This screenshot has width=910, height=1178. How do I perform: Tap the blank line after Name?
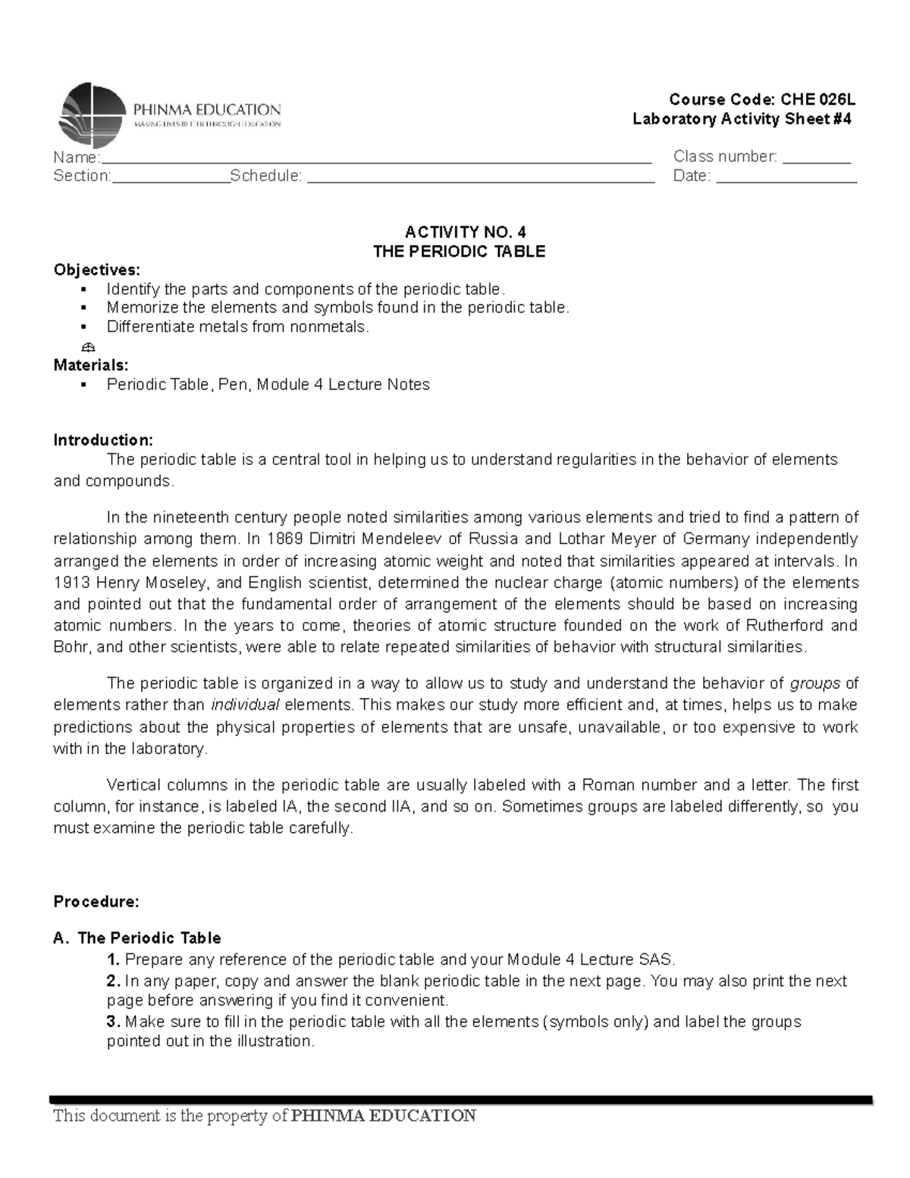point(375,160)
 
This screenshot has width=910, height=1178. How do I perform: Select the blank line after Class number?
point(816,160)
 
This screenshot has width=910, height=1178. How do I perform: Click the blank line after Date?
point(786,180)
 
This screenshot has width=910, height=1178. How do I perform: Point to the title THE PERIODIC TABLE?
point(460,252)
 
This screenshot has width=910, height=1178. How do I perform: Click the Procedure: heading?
point(96,902)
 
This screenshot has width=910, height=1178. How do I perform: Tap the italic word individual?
point(245,705)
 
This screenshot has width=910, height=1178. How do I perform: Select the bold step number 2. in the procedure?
point(113,981)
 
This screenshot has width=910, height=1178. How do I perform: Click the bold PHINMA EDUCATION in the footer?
point(384,1115)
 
